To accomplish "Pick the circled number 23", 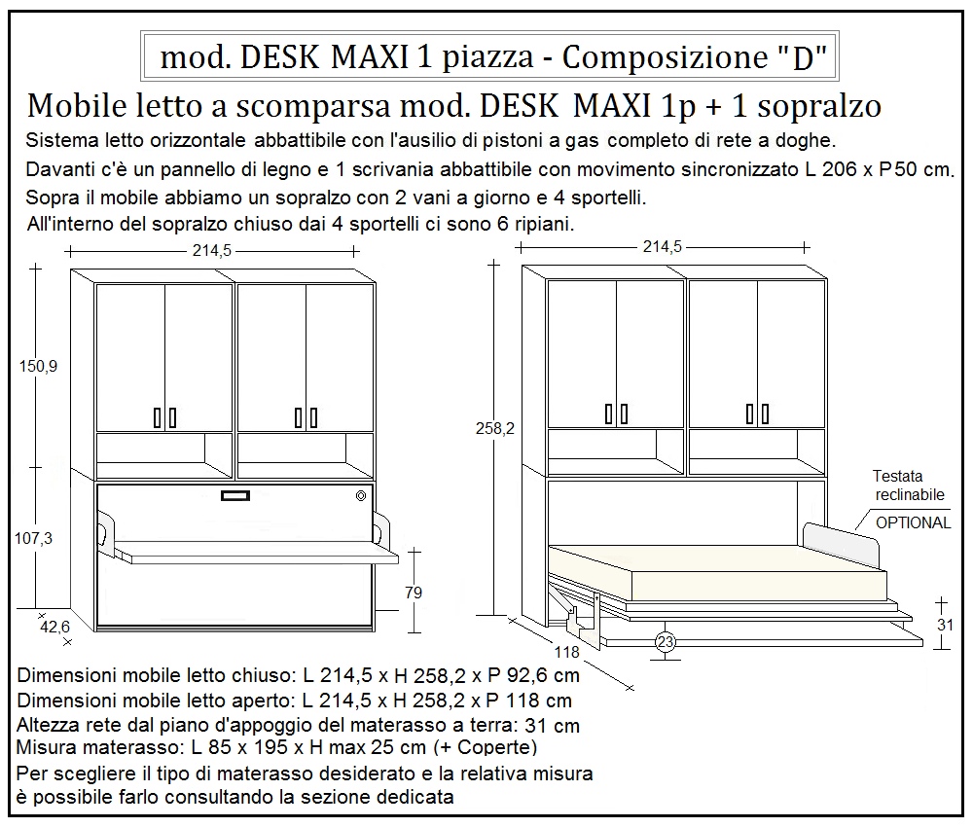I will [x=666, y=641].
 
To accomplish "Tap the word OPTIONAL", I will [x=914, y=522].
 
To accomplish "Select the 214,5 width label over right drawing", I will [x=662, y=247].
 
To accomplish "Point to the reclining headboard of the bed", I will [x=841, y=541].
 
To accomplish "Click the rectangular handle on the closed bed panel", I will [x=235, y=496].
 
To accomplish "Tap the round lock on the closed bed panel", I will [x=362, y=496].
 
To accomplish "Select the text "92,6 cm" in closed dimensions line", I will [x=545, y=675].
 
